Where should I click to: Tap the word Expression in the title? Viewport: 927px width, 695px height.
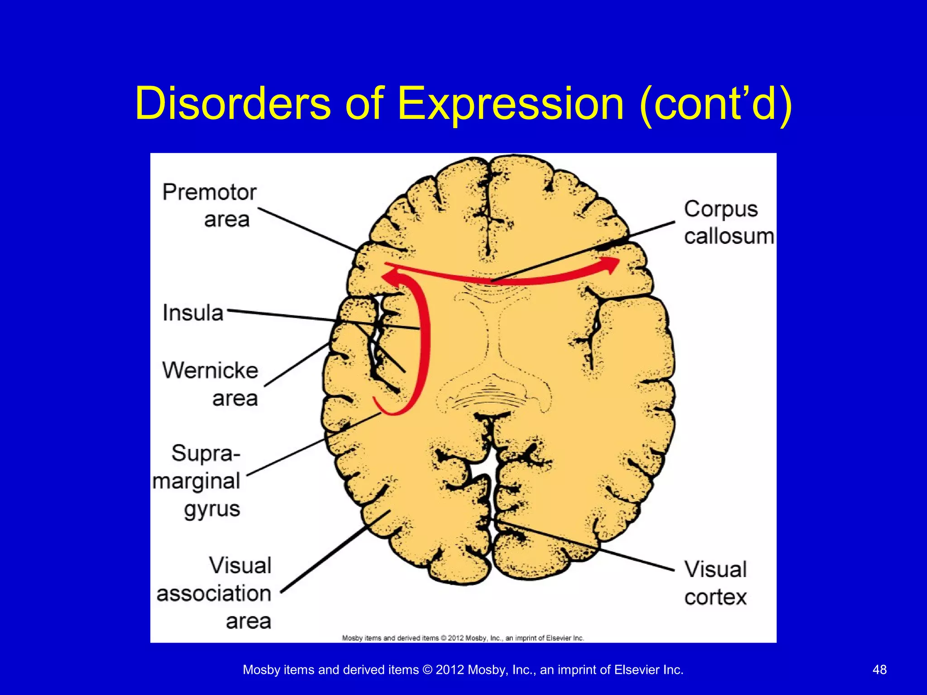[511, 104]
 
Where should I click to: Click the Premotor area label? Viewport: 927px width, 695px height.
[210, 205]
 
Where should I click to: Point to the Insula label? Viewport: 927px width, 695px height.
[193, 313]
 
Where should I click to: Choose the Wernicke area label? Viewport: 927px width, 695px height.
[210, 384]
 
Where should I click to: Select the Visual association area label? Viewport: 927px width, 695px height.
[215, 593]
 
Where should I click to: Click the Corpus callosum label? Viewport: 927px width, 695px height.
[728, 223]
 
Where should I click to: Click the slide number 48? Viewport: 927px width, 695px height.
[879, 670]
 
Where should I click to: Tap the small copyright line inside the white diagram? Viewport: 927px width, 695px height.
[463, 638]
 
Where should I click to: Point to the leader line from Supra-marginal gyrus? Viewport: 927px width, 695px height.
[312, 444]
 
